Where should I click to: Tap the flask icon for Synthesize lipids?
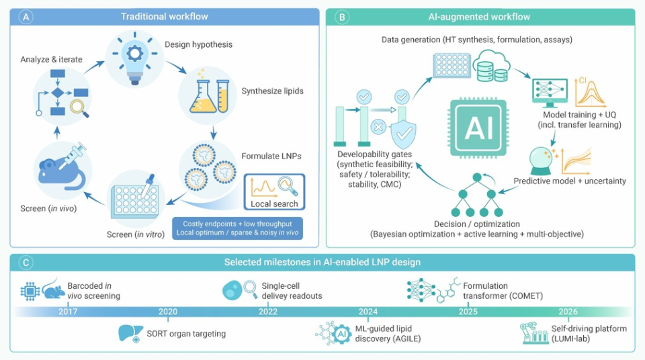pos(209,96)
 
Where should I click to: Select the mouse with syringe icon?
pos(62,167)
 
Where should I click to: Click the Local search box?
pos(274,191)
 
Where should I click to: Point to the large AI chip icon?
pos(478,128)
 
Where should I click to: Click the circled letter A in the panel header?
pos(26,17)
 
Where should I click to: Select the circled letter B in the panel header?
pos(342,17)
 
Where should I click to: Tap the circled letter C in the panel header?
pos(26,262)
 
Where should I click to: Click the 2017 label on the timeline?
pos(68,312)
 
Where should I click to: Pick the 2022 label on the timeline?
pos(268,312)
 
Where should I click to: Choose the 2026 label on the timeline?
pos(568,312)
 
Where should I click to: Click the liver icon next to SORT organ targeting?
pos(130,333)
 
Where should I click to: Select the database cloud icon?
pos(492,66)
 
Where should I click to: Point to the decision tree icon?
pos(477,195)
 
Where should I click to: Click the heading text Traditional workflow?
pos(164,17)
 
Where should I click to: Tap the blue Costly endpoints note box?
pos(237,228)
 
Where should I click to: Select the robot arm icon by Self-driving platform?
pos(534,333)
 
